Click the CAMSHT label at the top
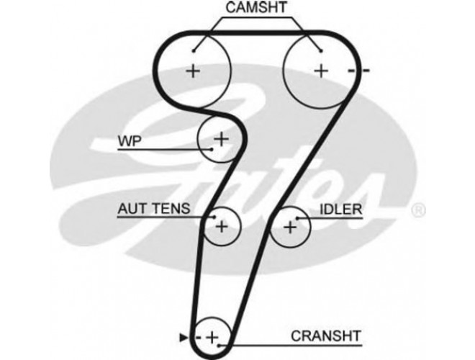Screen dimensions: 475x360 256,8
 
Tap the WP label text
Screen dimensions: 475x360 130,141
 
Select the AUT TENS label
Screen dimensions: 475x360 154,209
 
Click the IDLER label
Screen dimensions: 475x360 341,210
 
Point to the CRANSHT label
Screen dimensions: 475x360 326,336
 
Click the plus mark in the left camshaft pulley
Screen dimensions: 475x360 193,71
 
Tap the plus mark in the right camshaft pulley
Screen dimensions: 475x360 321,71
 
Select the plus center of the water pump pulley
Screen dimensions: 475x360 221,139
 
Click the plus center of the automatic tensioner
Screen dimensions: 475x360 222,226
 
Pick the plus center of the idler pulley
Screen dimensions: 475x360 290,228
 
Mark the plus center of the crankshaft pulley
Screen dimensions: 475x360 212,337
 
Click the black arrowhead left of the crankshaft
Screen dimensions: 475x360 184,337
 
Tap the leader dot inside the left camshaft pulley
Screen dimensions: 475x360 194,51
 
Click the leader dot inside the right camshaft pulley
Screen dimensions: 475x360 321,51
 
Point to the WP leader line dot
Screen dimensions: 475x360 212,149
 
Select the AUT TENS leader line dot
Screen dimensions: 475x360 214,217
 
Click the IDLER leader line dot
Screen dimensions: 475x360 297,218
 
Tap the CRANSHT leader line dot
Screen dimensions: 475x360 219,345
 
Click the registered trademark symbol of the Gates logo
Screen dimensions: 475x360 418,210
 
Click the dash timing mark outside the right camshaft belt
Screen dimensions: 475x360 366,71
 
